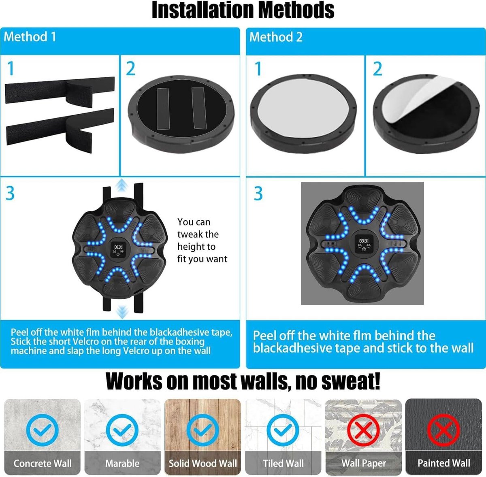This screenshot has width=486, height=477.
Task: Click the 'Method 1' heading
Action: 30,37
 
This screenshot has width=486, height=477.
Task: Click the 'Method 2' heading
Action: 276,37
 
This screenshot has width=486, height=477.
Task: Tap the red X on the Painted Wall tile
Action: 443,430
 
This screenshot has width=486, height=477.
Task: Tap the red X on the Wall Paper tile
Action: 363,430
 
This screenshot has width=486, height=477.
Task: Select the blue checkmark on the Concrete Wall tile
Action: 43,430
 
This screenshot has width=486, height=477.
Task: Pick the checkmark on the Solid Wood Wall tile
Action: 202,430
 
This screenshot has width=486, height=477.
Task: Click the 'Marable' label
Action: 122,463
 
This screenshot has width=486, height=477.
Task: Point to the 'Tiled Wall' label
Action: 283,463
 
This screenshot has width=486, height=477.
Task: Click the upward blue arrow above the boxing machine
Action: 122,185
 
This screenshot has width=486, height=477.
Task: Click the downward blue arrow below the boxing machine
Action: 122,312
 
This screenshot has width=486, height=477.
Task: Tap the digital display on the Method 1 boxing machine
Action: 118,247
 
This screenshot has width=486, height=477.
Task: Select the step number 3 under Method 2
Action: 258,194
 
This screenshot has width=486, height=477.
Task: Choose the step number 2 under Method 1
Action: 131,68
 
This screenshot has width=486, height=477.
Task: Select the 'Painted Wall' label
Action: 443,463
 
